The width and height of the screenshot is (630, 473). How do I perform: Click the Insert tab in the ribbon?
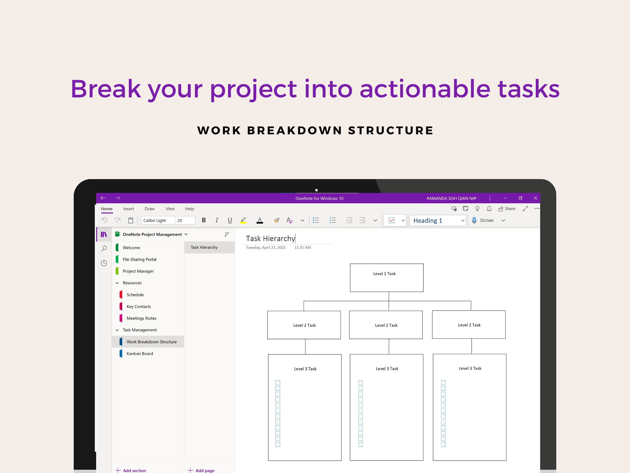point(128,209)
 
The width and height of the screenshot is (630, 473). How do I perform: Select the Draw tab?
point(150,209)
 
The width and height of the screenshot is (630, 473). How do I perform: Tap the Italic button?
point(217,220)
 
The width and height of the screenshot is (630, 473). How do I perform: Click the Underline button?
point(230,220)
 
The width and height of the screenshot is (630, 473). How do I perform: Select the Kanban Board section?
point(140,354)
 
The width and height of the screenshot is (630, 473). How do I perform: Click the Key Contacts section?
point(139,306)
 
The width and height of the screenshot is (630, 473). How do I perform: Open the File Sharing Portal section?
point(140,260)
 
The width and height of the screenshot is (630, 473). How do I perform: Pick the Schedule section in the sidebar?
point(135,295)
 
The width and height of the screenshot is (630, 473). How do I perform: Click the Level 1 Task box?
point(386,278)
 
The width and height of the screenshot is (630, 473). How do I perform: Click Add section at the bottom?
point(131,470)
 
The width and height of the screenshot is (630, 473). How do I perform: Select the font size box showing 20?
point(185,220)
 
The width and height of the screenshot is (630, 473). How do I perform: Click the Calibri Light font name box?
point(157,220)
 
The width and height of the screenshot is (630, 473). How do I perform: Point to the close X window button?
point(535,198)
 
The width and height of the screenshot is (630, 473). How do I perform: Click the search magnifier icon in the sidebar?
point(104,249)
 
